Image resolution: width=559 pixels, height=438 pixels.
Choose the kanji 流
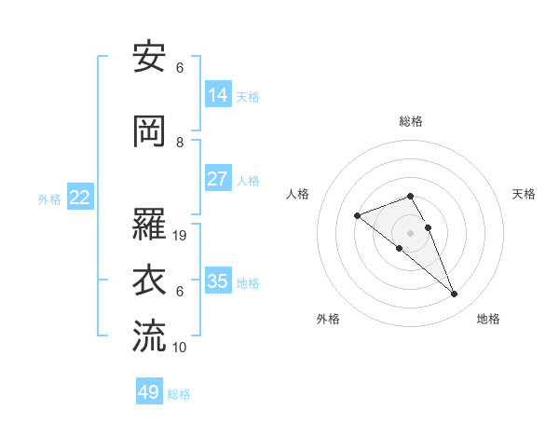tap(150, 336)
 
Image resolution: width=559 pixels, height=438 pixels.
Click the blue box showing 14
tap(218, 94)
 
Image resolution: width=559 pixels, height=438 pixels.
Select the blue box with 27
tap(218, 179)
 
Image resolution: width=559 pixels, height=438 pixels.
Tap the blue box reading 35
tap(218, 281)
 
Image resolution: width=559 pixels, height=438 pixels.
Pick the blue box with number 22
tap(79, 198)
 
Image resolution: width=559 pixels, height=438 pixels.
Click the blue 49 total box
tap(149, 392)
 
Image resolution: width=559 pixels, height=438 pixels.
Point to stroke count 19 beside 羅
tap(181, 236)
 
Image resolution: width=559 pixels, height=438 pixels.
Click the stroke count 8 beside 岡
tap(180, 143)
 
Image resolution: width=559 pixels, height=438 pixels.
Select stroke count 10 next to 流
tap(181, 348)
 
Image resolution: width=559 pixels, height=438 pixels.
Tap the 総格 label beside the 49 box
tap(179, 394)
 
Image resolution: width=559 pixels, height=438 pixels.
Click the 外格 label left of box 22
tap(49, 198)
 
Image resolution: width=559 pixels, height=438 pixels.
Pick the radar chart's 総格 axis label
tap(410, 121)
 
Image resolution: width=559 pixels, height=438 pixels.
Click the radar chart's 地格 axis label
tap(488, 319)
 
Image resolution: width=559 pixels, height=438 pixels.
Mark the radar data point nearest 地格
tap(455, 294)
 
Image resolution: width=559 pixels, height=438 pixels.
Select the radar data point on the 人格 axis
tap(357, 216)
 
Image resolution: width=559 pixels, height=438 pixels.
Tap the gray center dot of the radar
tap(410, 233)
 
